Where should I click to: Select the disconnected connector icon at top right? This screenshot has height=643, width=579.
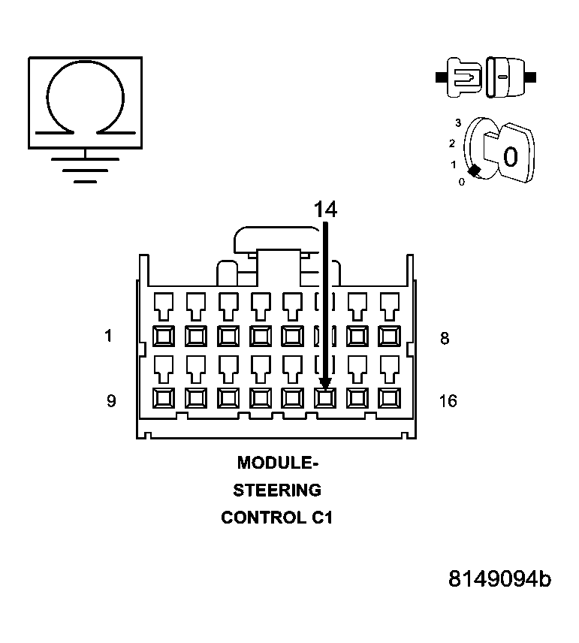click(x=485, y=77)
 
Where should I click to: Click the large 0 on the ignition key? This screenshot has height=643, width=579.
click(x=510, y=157)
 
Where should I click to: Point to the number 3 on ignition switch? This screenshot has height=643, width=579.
click(x=457, y=122)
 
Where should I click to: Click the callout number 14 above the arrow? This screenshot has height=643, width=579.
click(x=325, y=210)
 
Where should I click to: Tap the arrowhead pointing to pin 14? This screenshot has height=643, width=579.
click(x=325, y=383)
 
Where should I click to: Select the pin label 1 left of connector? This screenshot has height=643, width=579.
click(x=108, y=337)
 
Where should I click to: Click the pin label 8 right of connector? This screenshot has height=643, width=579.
click(x=445, y=338)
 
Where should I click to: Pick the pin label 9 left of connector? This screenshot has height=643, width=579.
click(x=110, y=400)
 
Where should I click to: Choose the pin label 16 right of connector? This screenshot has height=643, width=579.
click(x=448, y=400)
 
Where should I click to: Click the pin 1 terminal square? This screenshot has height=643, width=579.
click(x=163, y=334)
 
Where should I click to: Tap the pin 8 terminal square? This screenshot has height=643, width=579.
click(x=388, y=334)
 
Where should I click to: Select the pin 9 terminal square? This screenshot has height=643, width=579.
click(x=163, y=397)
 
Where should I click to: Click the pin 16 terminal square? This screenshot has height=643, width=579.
click(x=388, y=397)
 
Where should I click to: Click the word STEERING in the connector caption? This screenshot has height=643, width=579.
click(x=277, y=490)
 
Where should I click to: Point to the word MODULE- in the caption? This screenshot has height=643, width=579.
click(x=277, y=462)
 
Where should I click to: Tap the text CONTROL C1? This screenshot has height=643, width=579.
click(x=277, y=518)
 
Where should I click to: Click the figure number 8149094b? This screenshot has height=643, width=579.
click(x=499, y=579)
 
